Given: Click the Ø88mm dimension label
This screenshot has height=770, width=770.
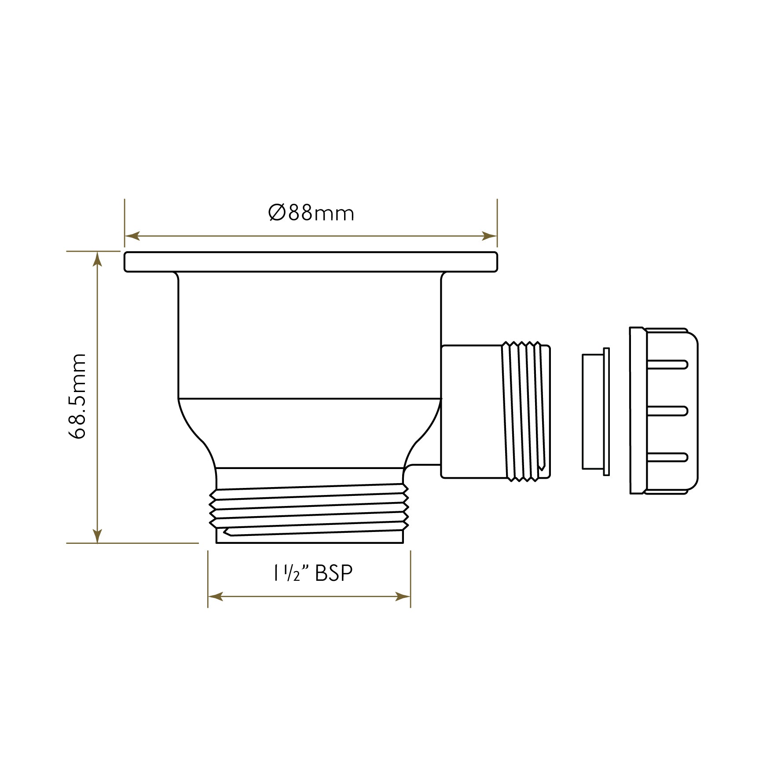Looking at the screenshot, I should coord(311,213).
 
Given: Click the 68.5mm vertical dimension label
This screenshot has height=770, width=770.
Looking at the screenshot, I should coord(77,396).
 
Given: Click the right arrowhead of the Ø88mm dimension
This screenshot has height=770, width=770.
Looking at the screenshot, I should coord(490,236).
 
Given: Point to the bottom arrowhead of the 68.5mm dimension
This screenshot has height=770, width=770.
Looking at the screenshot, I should coord(98,535).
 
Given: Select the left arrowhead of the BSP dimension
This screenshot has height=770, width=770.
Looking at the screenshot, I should coord(215,597).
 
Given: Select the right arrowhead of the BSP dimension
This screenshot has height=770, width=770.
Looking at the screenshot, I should coord(403,597).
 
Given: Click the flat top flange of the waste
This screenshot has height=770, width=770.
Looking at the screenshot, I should coord(311,262).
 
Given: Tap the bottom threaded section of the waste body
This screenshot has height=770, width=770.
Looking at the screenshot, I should coord(310,510).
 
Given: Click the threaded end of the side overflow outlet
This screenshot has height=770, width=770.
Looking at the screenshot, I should coord(526,411).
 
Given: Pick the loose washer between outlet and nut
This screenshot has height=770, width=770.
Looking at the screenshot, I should coord(595,411).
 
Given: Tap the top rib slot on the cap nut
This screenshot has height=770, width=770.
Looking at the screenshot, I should coord(667,364).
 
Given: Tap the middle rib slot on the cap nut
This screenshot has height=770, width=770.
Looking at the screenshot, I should coord(667,411).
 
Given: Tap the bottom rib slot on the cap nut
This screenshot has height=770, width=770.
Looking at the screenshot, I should coord(667,457).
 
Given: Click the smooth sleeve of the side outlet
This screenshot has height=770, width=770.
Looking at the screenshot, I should coord(471,411).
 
